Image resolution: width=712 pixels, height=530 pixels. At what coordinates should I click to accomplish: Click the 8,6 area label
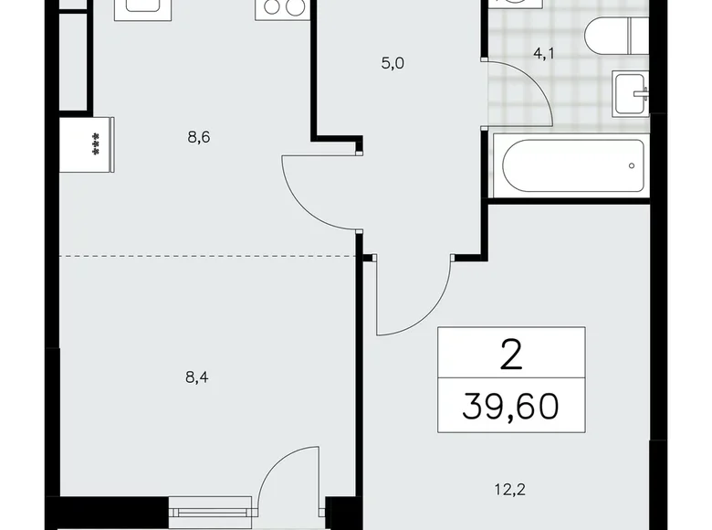click(200, 137)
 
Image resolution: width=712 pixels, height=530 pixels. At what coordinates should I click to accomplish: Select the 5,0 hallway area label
click(393, 64)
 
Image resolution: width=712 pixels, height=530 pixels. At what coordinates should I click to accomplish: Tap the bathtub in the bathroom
click(571, 165)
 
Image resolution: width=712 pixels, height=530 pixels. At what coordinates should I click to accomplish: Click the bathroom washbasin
click(630, 90)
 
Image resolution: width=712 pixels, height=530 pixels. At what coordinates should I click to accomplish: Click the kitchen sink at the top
click(139, 9)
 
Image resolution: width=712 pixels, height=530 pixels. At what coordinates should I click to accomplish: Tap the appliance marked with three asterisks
click(88, 144)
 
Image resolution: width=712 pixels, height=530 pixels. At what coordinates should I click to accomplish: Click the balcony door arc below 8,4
click(288, 485)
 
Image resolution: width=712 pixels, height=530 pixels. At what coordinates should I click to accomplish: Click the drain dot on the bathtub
click(632, 165)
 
